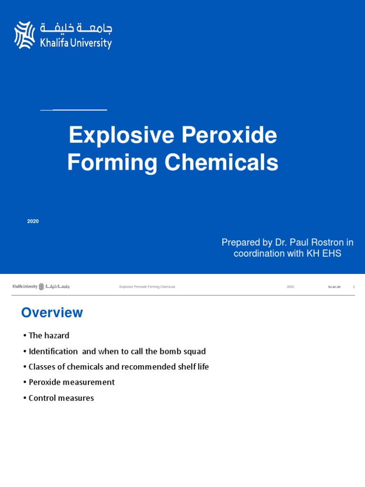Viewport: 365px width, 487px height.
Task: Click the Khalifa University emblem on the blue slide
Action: tap(25, 35)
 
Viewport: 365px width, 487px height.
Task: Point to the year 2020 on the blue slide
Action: tap(33, 222)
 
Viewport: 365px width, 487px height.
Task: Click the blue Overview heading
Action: tap(52, 312)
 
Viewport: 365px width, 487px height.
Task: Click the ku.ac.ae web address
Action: tap(334, 287)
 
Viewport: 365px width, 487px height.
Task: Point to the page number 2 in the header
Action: tap(354, 287)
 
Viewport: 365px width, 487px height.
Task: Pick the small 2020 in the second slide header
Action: tap(290, 287)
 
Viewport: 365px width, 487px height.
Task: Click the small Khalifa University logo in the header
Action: tap(41, 286)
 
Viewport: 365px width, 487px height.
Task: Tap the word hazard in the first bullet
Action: tap(57, 336)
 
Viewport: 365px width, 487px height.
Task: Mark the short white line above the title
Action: tap(74, 110)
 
